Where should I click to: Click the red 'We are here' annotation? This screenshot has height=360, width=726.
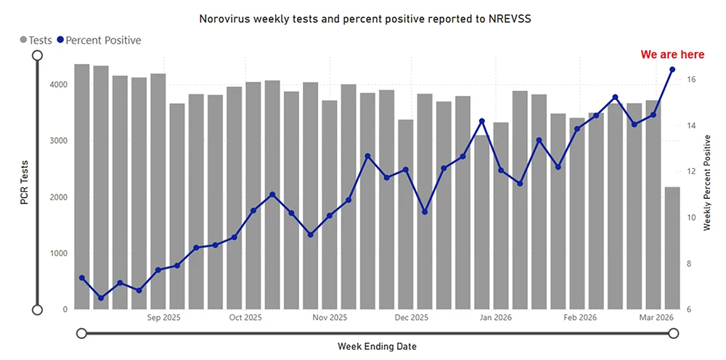(672, 54)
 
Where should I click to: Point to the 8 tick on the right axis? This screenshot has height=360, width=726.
(690, 264)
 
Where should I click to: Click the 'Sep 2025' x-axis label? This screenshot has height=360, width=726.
(163, 317)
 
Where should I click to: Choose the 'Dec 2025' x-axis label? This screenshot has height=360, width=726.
(412, 317)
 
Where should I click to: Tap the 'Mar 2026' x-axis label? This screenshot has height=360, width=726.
(657, 317)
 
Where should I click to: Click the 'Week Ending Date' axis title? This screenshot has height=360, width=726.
(377, 346)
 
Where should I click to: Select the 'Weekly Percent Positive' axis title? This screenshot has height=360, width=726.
(706, 184)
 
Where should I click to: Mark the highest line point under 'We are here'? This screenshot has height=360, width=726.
(672, 70)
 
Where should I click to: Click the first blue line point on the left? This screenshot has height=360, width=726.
(82, 278)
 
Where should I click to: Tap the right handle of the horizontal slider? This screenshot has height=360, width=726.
(673, 333)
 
